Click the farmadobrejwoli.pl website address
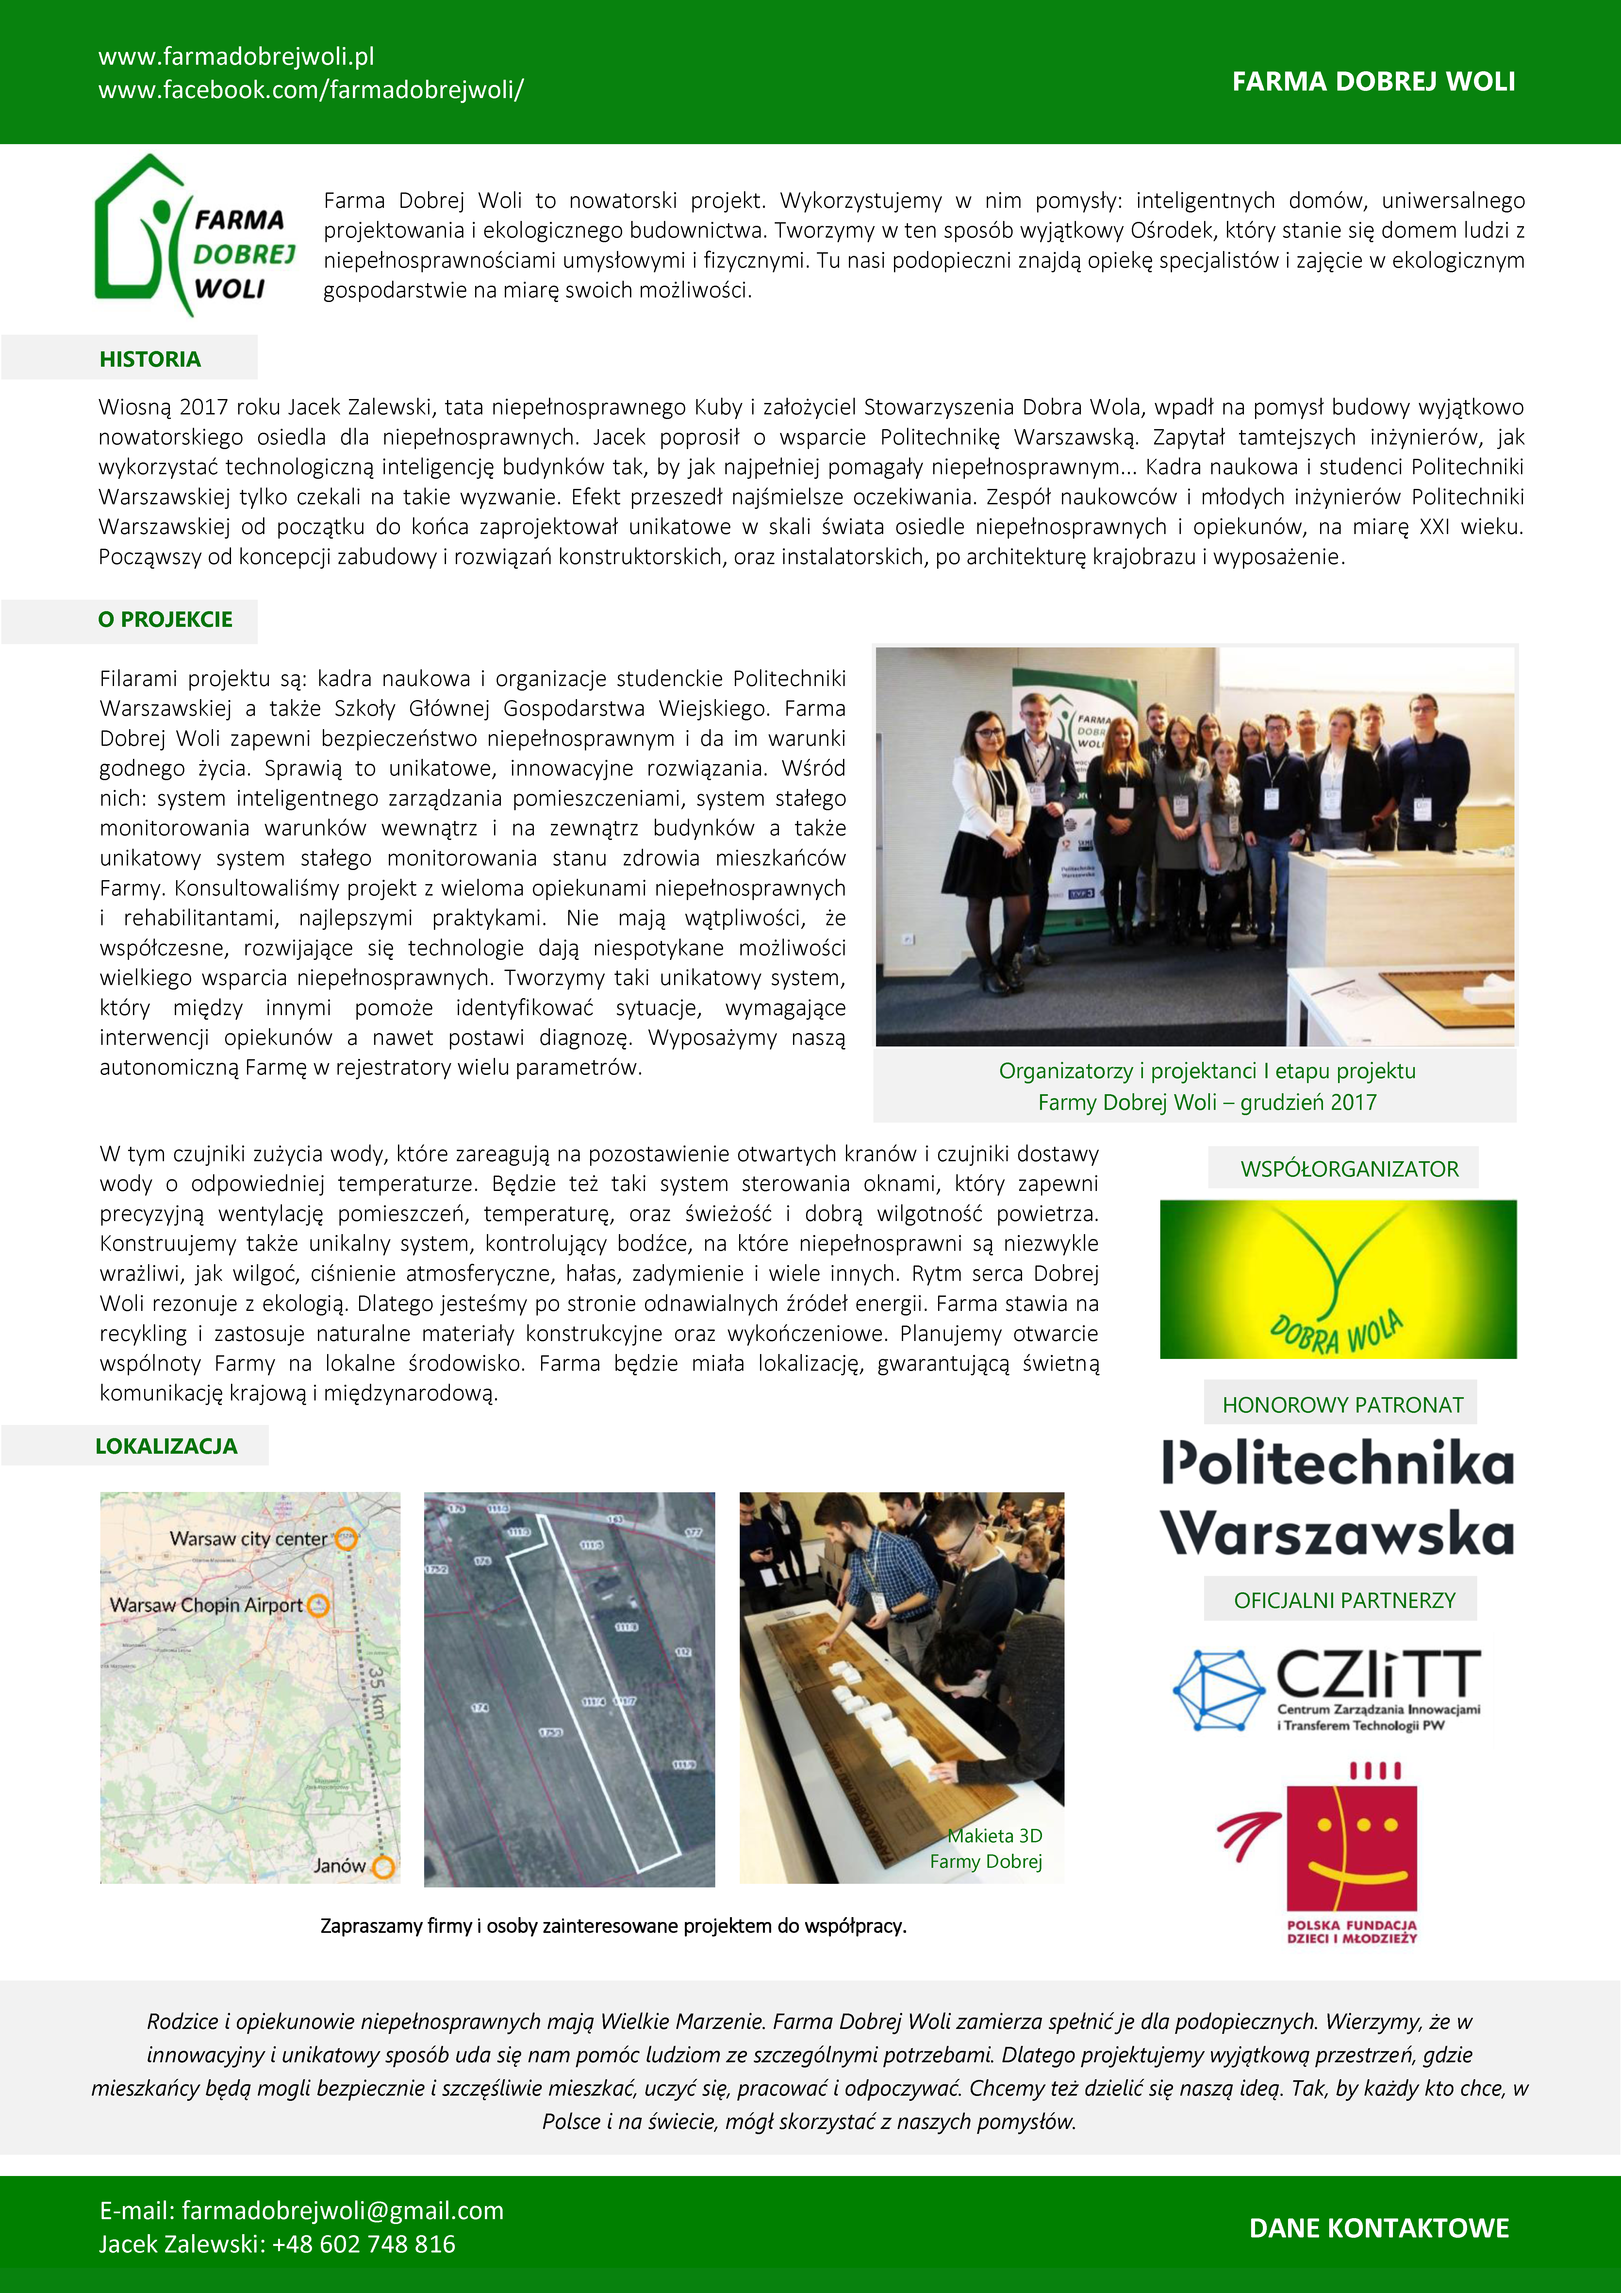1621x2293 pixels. click(236, 57)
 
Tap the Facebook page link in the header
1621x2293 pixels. click(311, 90)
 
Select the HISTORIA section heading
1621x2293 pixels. click(150, 360)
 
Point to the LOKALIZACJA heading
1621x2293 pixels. click(166, 1446)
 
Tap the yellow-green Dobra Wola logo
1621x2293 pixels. click(1337, 1279)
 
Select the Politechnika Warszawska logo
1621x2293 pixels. click(1337, 1498)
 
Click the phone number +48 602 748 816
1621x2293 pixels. click(364, 2244)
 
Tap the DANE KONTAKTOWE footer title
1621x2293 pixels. click(1378, 2228)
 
